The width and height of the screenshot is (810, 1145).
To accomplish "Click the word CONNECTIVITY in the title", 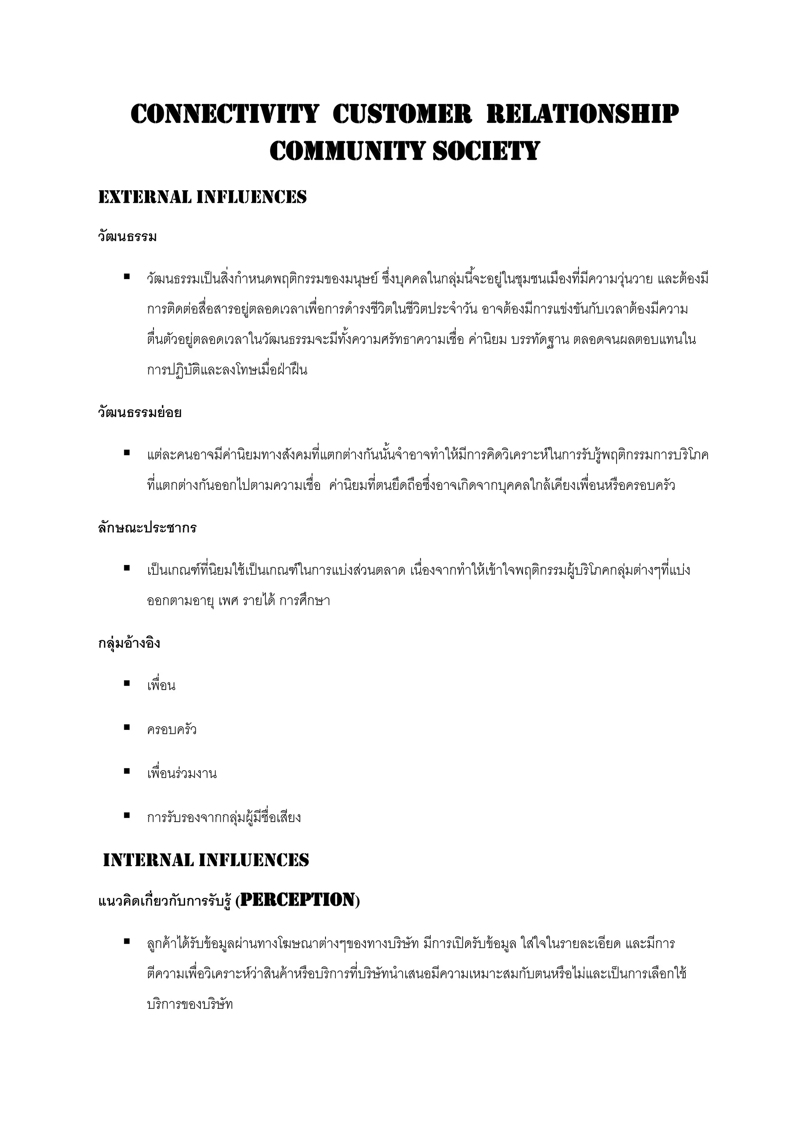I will (224, 114).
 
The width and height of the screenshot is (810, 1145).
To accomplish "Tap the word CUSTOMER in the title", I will (402, 114).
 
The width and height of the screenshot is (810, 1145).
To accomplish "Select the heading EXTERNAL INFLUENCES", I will (202, 197).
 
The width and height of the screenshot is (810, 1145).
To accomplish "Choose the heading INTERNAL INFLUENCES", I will (206, 860).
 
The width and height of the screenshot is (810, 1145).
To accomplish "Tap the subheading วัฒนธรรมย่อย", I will (140, 412).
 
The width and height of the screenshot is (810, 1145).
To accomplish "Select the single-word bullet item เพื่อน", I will (161, 686).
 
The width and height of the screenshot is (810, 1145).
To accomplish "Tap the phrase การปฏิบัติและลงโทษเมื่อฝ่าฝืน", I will (227, 370).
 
